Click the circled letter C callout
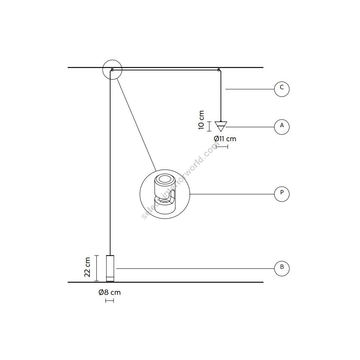[x=282, y=89]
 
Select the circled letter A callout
[x=282, y=127]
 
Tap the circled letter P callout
[x=282, y=194]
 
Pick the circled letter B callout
[x=282, y=268]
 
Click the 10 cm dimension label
[x=201, y=120]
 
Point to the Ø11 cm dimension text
[x=225, y=139]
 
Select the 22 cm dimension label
[x=87, y=267]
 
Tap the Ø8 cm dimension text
[x=110, y=292]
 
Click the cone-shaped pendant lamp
[x=221, y=126]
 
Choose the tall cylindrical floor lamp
[x=110, y=268]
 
